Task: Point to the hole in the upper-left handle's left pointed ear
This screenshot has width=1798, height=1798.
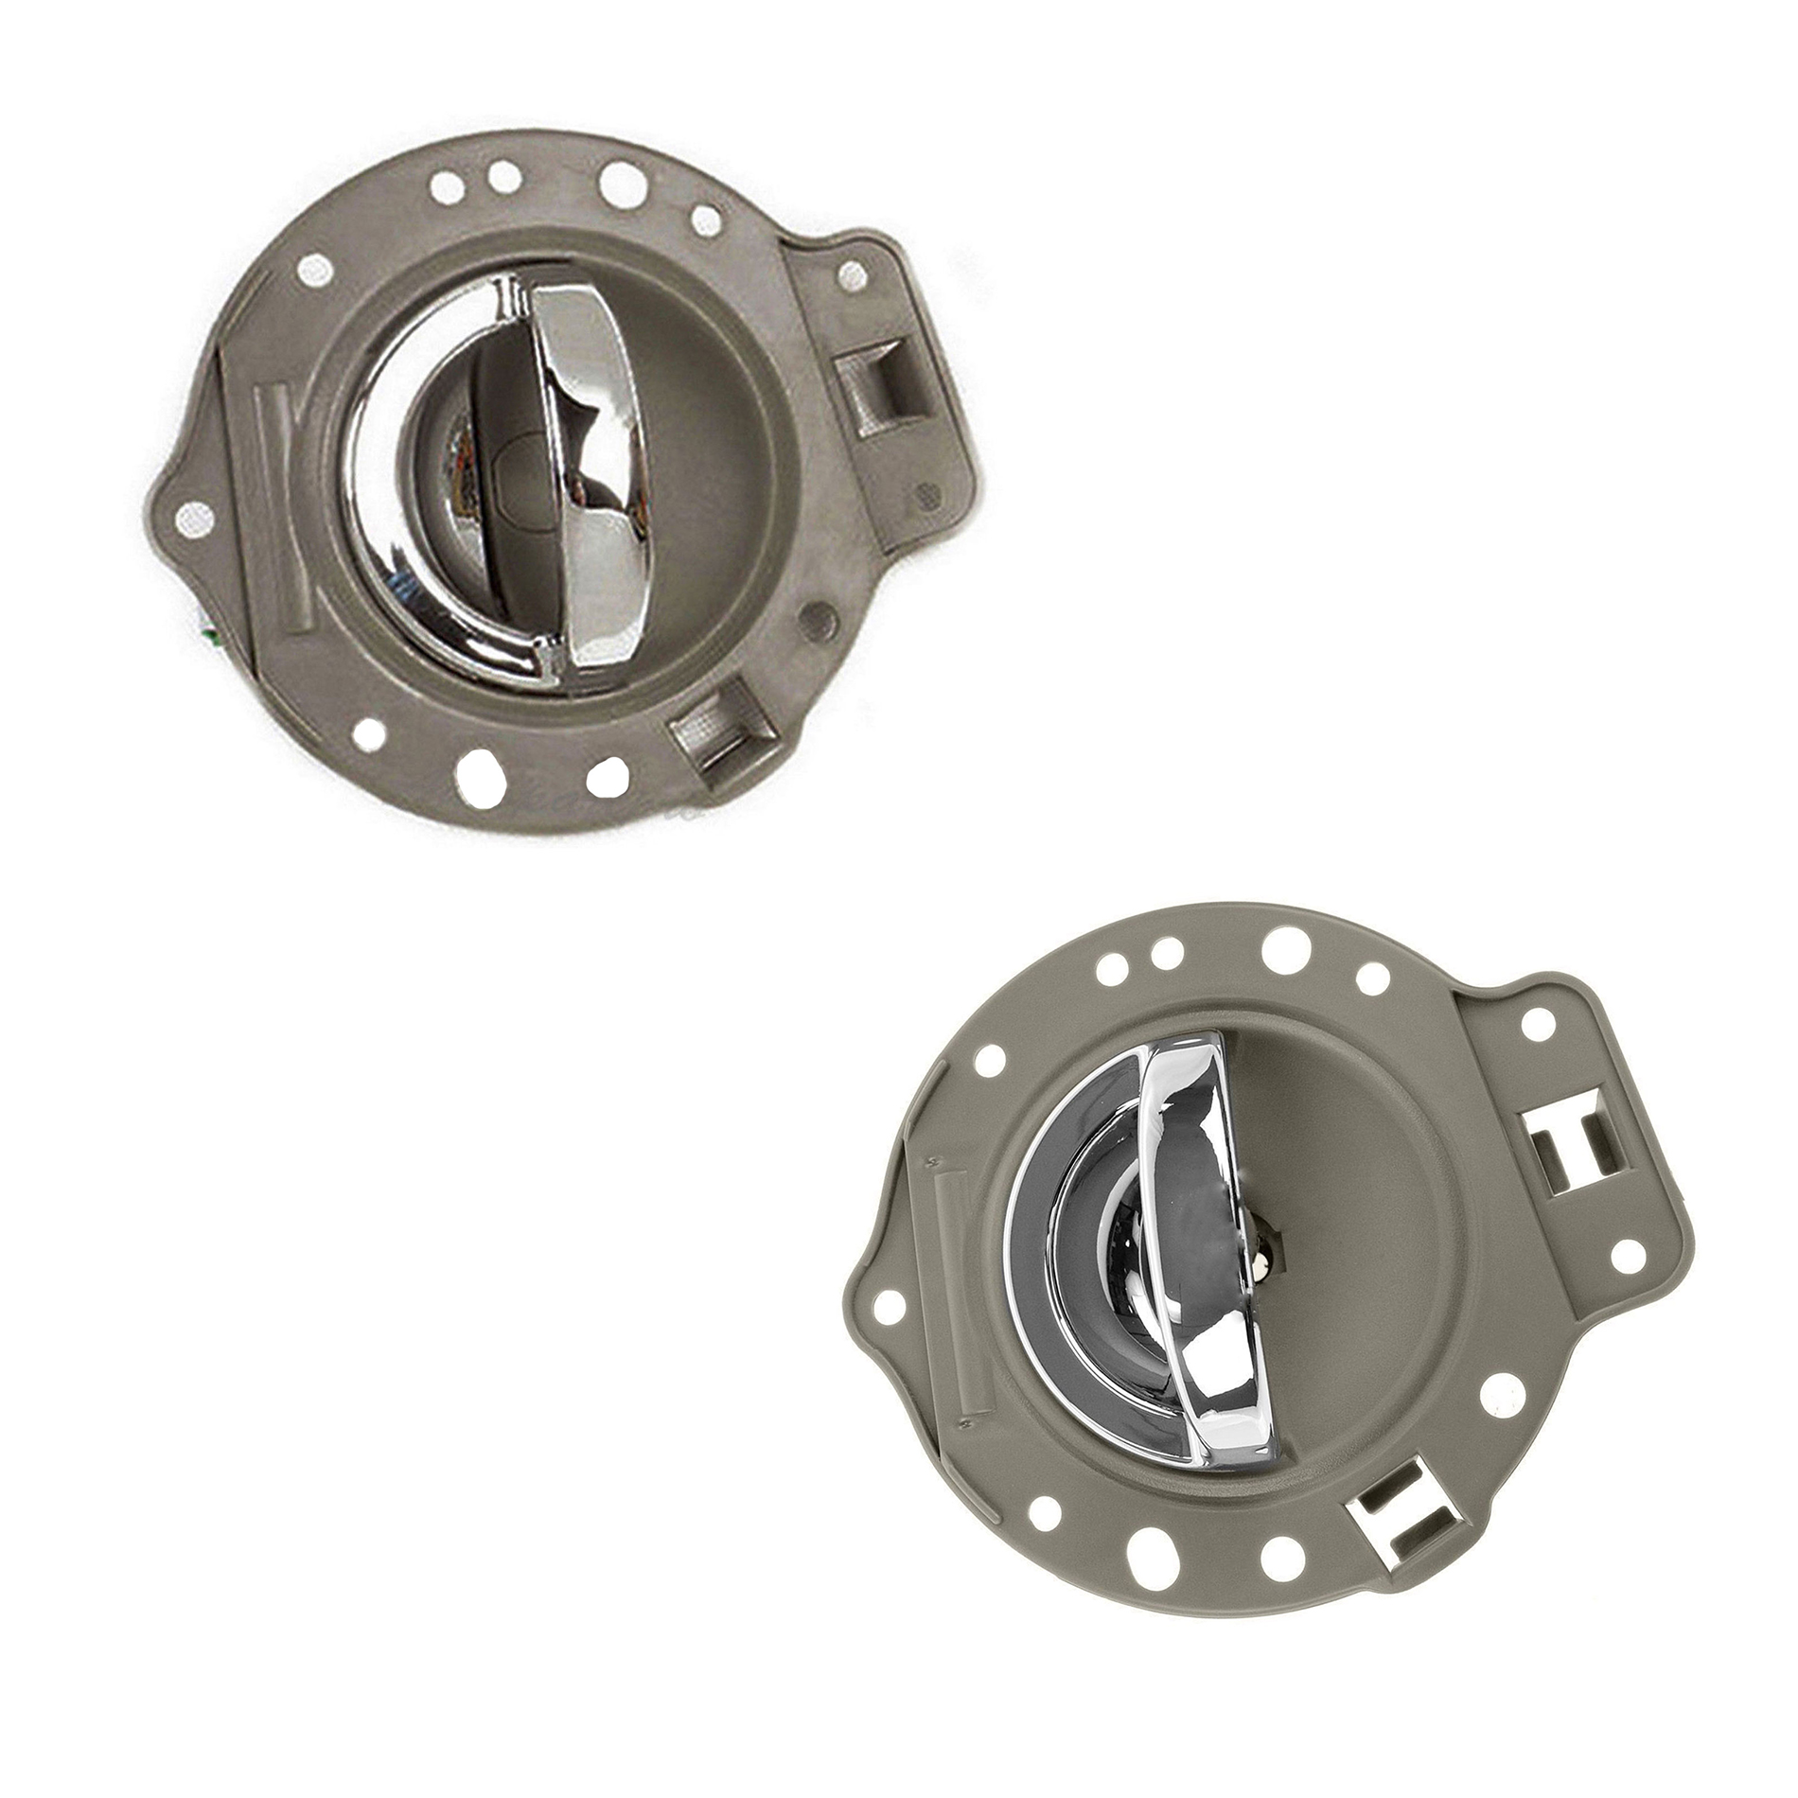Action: pos(193,514)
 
